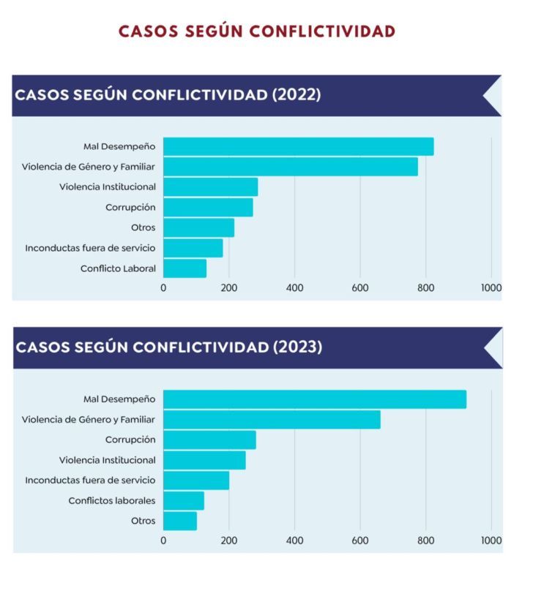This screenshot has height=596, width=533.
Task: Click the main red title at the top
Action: coord(257,31)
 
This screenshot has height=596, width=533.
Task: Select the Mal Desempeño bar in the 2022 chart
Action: coord(298,146)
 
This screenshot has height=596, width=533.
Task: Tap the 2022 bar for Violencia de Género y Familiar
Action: coord(290,167)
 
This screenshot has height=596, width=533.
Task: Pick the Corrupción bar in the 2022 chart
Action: coord(208,208)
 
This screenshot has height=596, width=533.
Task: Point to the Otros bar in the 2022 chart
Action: coord(198,227)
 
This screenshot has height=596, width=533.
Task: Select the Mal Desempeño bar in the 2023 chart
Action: coord(314,399)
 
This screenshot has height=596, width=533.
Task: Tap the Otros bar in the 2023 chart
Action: coord(180,521)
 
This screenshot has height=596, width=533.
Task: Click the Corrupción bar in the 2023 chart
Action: coord(209,440)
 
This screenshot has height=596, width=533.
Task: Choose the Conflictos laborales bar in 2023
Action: coord(184,501)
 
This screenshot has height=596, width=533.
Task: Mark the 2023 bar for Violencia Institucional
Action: coord(204,460)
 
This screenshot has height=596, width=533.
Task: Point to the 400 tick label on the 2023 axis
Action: coord(294,540)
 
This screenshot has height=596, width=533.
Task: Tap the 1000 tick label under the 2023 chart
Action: coord(491,540)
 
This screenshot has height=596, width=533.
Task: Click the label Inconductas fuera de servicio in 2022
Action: coord(90,248)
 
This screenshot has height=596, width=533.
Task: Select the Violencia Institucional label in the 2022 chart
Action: coord(108,187)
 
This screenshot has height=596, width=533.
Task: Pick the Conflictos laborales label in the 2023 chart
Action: coord(112,501)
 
